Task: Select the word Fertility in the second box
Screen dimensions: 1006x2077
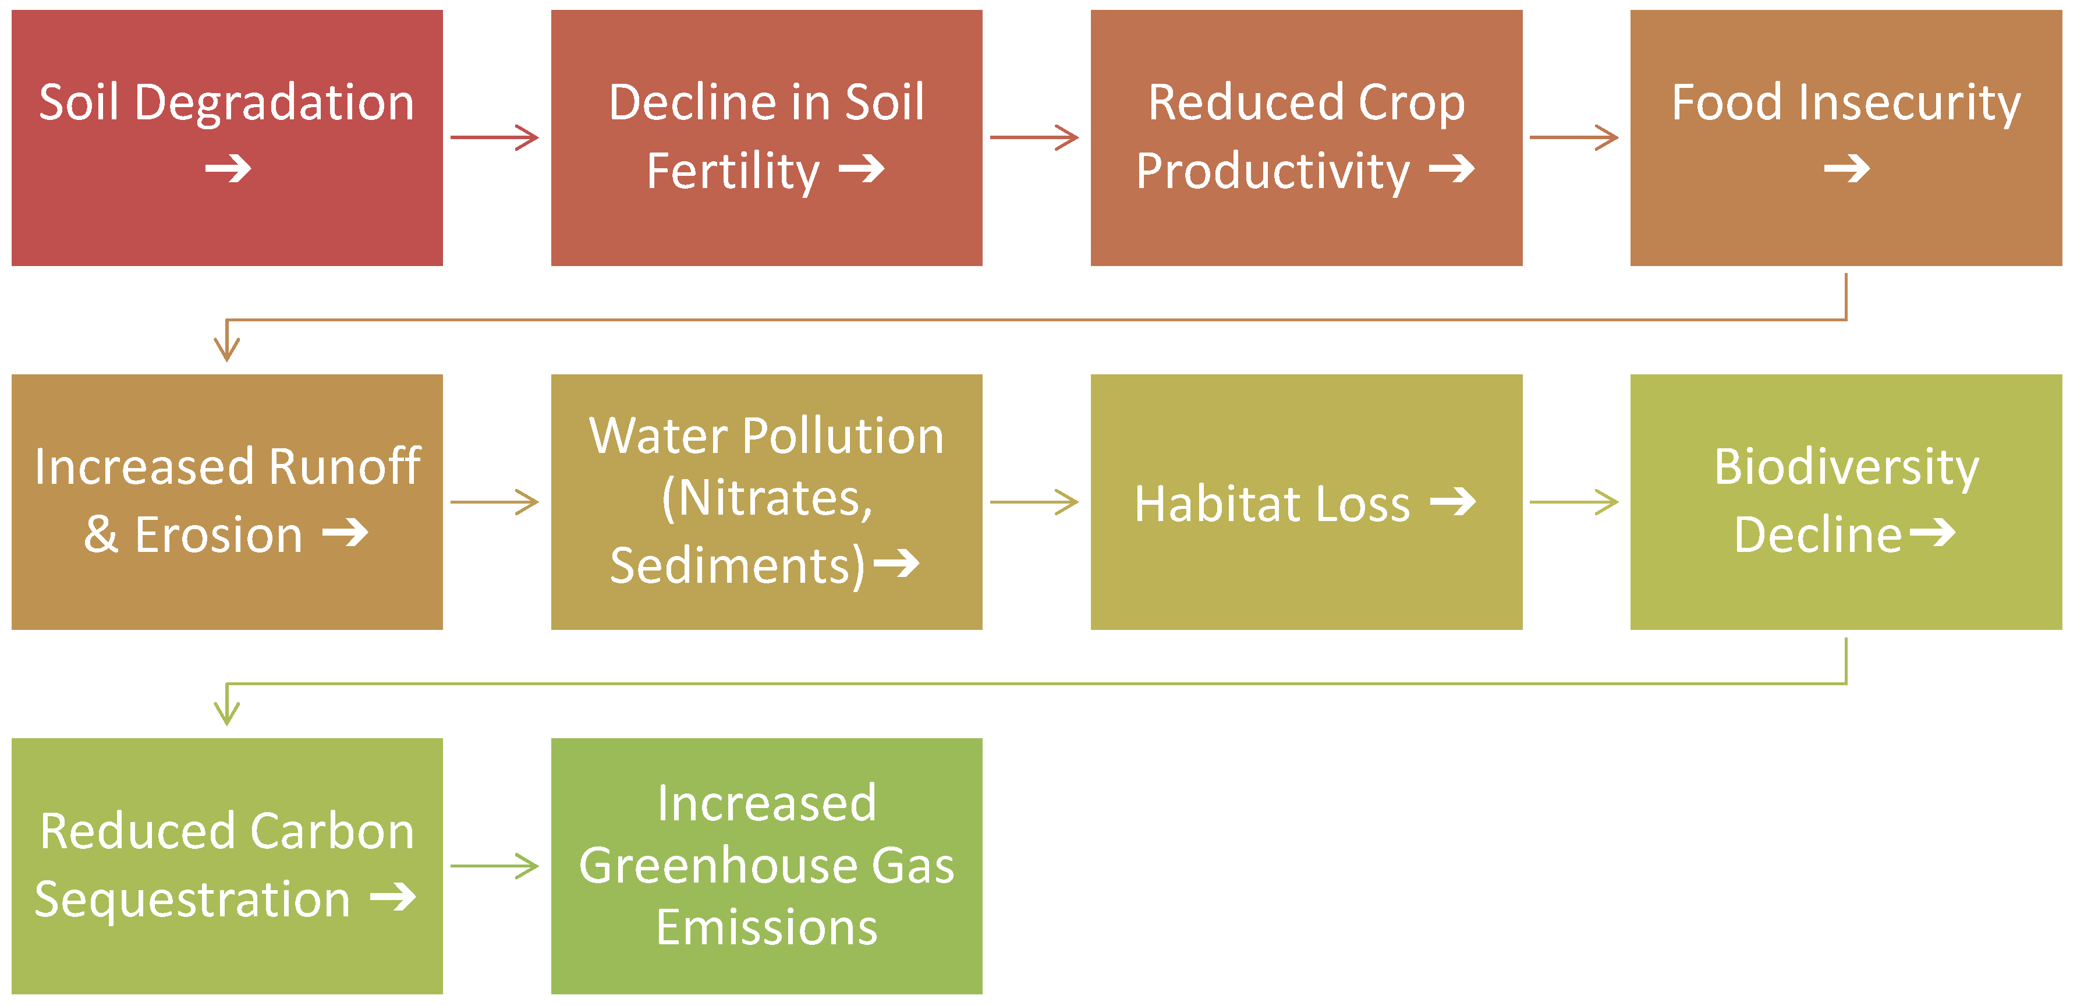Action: (x=732, y=171)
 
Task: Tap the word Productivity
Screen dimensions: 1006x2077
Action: (x=1273, y=171)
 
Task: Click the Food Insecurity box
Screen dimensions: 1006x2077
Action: (x=1845, y=138)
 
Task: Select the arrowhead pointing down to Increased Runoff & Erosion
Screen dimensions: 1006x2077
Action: (x=226, y=348)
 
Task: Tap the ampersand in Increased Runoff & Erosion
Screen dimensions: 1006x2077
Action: (x=101, y=534)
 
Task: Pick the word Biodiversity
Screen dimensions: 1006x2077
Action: (x=1845, y=467)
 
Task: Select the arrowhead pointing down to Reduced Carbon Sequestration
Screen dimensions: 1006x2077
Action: (x=226, y=713)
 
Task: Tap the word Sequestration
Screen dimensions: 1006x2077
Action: (x=192, y=899)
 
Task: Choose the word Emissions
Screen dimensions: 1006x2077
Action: (x=766, y=927)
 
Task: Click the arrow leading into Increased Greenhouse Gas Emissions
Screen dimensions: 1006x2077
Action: (x=494, y=866)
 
